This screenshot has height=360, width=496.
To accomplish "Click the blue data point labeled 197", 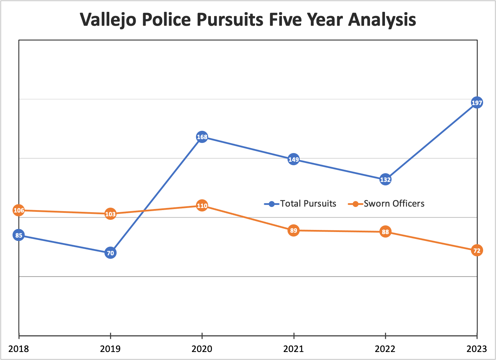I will click(x=477, y=103).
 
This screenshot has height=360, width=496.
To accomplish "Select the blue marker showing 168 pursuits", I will click(x=202, y=137).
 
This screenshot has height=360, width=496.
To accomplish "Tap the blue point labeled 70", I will click(x=110, y=253).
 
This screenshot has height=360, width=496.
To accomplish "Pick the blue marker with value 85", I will click(x=19, y=235).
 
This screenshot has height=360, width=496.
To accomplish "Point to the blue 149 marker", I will click(x=293, y=160).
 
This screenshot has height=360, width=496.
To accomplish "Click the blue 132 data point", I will click(x=385, y=179).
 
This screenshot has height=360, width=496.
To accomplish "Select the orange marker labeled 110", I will click(x=202, y=206).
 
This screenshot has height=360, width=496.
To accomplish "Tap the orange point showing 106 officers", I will click(x=19, y=210).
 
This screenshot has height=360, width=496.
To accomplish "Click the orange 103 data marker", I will click(x=110, y=214).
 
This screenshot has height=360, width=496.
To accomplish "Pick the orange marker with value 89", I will click(x=293, y=230).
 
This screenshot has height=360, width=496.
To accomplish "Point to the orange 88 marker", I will click(x=385, y=232).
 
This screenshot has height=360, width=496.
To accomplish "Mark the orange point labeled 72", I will click(x=477, y=250).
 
